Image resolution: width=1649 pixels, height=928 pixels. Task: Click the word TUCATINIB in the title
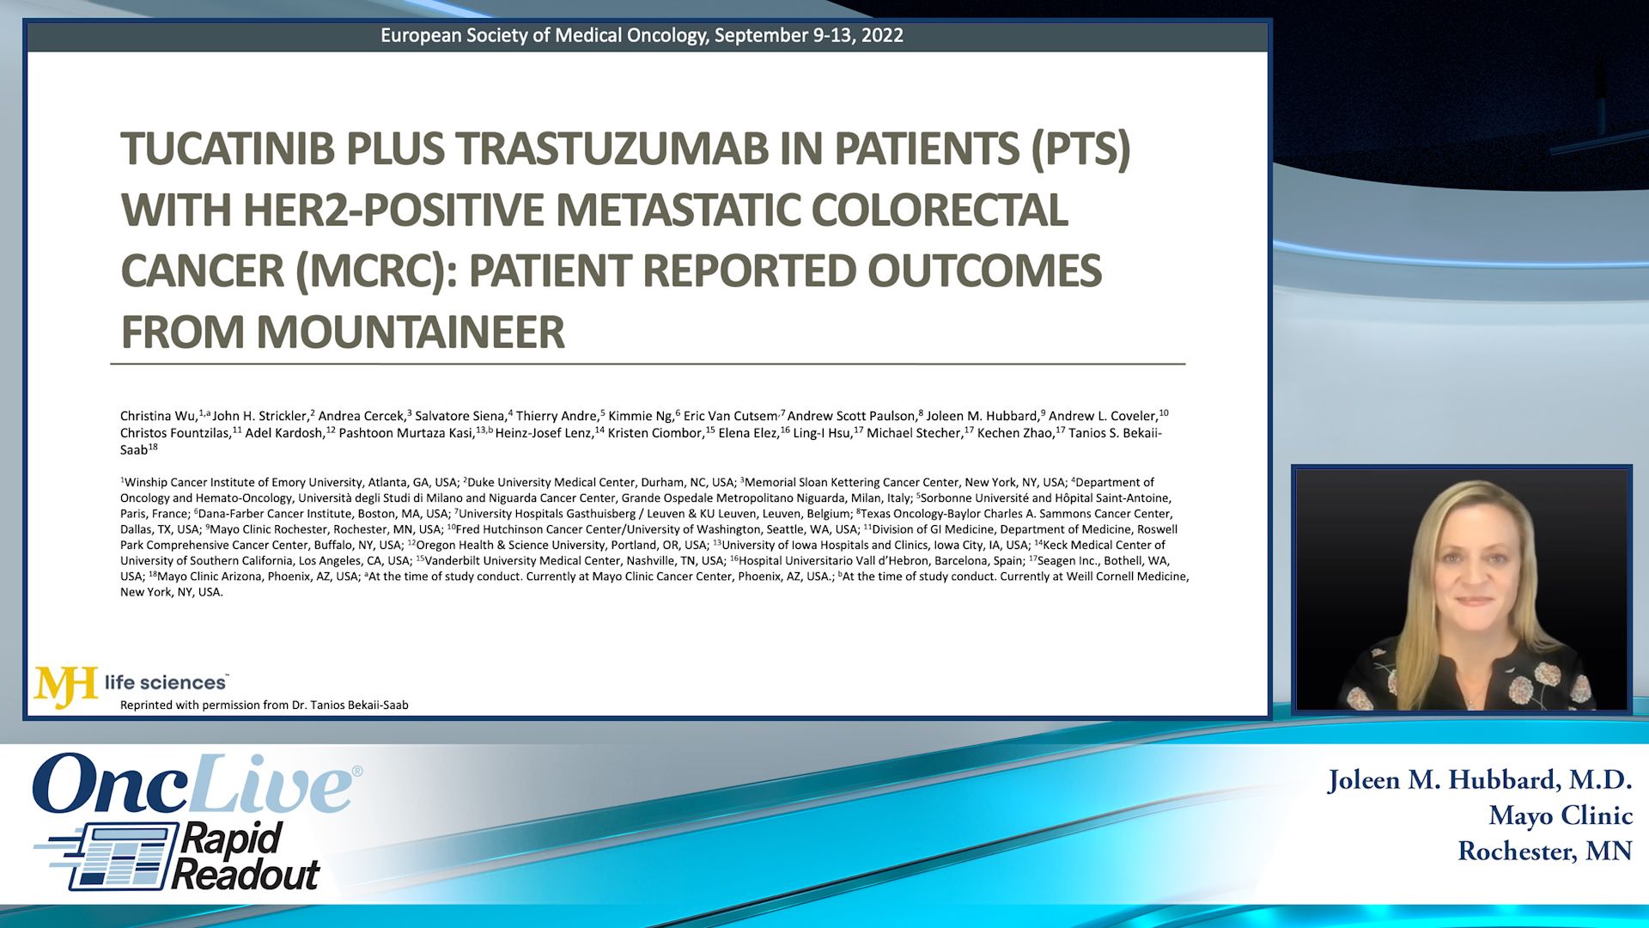pyautogui.click(x=227, y=149)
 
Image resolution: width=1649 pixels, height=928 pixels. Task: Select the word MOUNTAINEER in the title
pyautogui.click(x=411, y=332)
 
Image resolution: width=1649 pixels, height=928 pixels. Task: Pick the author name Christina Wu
pyautogui.click(x=159, y=416)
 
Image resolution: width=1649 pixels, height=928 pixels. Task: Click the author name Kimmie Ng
pyautogui.click(x=641, y=416)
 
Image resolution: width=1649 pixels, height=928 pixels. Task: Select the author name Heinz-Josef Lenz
pyautogui.click(x=544, y=433)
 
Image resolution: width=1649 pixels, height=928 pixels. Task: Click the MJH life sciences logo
pyautogui.click(x=131, y=685)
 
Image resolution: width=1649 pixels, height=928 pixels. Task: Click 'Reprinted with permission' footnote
pyautogui.click(x=264, y=705)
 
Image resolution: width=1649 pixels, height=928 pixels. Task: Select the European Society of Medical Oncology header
pyautogui.click(x=642, y=35)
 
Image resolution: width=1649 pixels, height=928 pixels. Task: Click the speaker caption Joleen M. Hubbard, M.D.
pyautogui.click(x=1479, y=780)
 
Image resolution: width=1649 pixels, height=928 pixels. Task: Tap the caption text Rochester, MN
pyautogui.click(x=1544, y=851)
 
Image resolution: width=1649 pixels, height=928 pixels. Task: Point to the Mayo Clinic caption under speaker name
pyautogui.click(x=1560, y=815)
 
